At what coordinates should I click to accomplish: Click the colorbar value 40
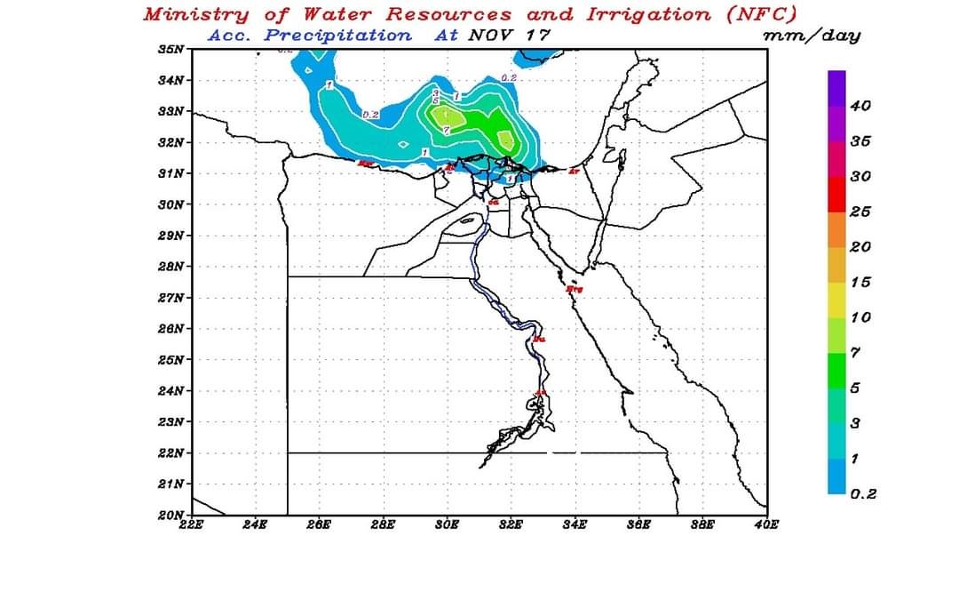[860, 106]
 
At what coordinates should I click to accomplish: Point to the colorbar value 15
[860, 283]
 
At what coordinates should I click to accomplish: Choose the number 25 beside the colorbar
[860, 212]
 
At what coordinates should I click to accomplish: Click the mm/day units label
[811, 36]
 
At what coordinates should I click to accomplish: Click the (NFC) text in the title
[761, 14]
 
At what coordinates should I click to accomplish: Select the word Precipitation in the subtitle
[338, 36]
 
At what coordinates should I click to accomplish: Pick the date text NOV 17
[509, 36]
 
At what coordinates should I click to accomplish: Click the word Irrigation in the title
[648, 14]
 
